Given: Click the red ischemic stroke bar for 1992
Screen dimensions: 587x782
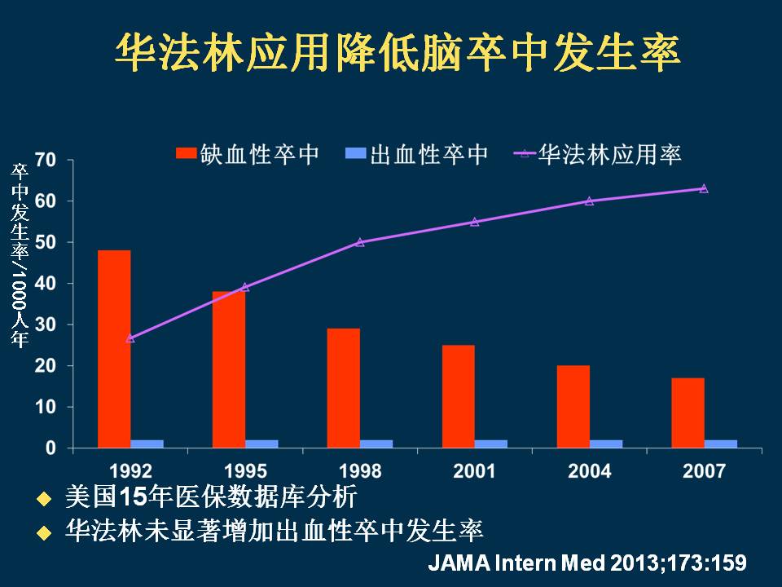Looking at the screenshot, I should [x=114, y=349].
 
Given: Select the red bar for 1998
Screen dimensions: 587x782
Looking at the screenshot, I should [x=343, y=388].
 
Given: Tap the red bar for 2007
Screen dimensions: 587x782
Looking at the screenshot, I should [x=688, y=413].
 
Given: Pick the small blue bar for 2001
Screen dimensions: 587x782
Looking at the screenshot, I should [x=491, y=444].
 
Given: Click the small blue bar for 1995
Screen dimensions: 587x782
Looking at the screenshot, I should [x=261, y=444].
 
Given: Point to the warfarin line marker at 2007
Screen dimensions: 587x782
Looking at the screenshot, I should [x=704, y=188].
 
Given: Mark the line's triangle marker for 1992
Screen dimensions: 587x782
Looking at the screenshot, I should [x=130, y=337].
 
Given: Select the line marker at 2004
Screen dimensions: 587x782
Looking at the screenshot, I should [x=590, y=201].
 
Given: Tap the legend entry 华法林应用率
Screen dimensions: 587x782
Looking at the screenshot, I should [x=599, y=154].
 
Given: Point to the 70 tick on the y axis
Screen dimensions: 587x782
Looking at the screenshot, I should [x=46, y=160].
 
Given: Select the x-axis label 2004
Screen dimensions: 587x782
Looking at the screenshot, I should [x=590, y=471].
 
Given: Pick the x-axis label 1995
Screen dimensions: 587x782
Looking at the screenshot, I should [x=245, y=471].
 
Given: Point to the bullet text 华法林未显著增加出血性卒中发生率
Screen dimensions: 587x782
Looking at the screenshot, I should [x=274, y=532].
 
